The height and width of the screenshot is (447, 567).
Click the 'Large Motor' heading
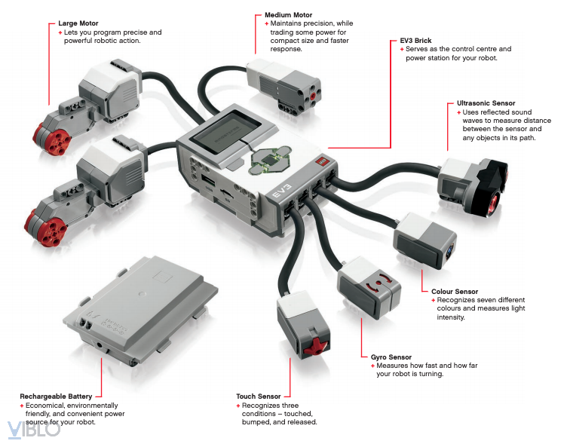(x=78, y=23)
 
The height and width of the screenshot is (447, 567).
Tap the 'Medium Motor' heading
(x=288, y=15)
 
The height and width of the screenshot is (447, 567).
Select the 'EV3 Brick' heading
(x=415, y=41)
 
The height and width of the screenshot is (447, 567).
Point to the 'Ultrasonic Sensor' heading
(x=486, y=103)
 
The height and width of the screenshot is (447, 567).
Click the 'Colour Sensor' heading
(x=455, y=292)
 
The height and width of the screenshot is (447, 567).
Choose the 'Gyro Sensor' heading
(x=391, y=357)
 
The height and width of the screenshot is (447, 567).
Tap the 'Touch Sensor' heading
(x=258, y=396)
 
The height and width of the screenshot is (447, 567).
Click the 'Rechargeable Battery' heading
(x=56, y=396)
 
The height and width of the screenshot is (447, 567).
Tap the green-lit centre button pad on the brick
(x=269, y=160)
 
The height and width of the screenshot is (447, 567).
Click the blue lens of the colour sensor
(x=450, y=251)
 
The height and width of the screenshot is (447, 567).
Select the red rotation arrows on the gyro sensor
(x=379, y=283)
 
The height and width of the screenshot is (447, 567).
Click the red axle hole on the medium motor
(x=312, y=96)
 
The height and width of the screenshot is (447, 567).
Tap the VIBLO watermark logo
(x=34, y=430)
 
